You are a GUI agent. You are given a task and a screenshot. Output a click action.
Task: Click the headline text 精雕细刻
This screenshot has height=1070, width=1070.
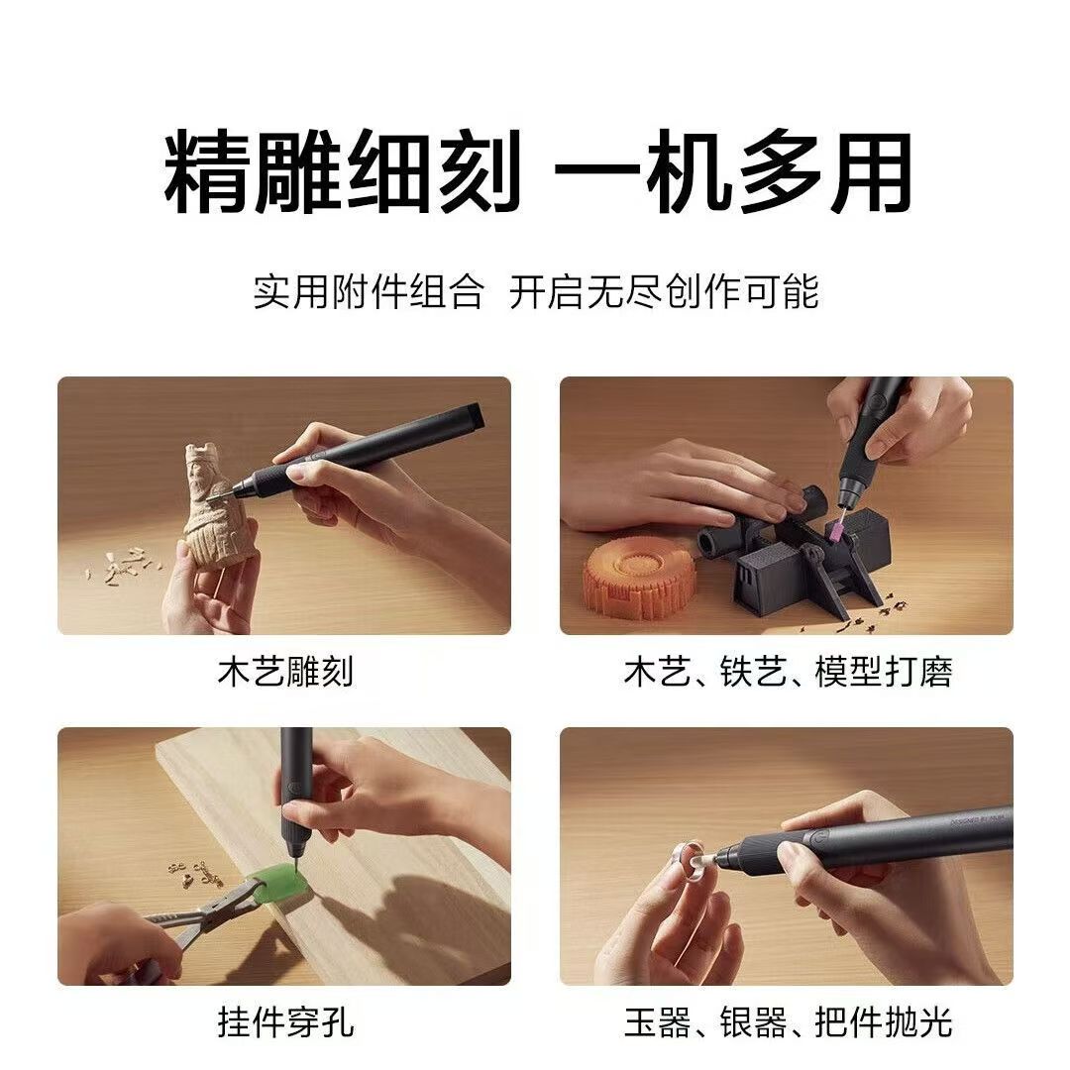pos(342,173)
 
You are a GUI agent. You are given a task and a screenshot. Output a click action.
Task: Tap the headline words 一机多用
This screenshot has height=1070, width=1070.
pos(733,173)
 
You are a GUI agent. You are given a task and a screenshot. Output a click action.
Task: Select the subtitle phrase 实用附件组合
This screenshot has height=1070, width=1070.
pos(368,292)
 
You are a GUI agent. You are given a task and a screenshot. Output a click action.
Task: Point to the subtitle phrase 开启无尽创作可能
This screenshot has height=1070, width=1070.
pos(664,292)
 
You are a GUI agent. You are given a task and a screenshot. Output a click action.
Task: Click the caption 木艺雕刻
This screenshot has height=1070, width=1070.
pos(284,672)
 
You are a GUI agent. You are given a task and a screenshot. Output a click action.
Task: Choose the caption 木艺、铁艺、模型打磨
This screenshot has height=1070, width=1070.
pos(788,672)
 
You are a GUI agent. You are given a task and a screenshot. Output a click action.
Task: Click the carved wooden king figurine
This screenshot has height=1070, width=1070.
pos(213,510)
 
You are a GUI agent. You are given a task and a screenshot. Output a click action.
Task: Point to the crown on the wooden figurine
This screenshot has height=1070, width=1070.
pos(201,457)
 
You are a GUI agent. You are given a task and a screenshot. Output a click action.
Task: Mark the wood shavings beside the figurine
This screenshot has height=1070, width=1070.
pos(124,565)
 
